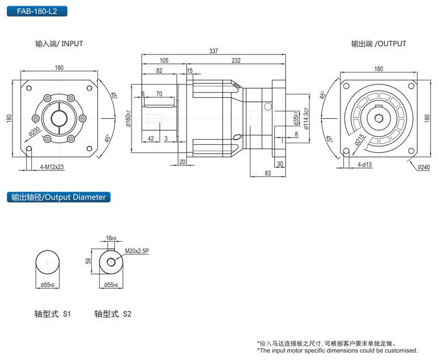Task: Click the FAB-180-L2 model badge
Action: pyautogui.click(x=37, y=11)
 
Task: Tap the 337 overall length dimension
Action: pyautogui.click(x=213, y=51)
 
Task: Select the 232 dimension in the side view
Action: pyautogui.click(x=236, y=61)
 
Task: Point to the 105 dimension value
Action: pyautogui.click(x=164, y=61)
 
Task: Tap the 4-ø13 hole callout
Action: pyautogui.click(x=365, y=164)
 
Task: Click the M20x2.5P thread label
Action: pyautogui.click(x=137, y=250)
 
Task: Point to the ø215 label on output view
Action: pyautogui.click(x=360, y=140)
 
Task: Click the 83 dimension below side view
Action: pyautogui.click(x=267, y=173)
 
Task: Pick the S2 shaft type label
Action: pyautogui.click(x=113, y=313)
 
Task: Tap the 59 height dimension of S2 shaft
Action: pyautogui.click(x=88, y=262)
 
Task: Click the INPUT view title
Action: pyautogui.click(x=59, y=44)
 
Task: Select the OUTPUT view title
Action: pyautogui.click(x=378, y=44)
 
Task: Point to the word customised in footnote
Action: pyautogui.click(x=400, y=350)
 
